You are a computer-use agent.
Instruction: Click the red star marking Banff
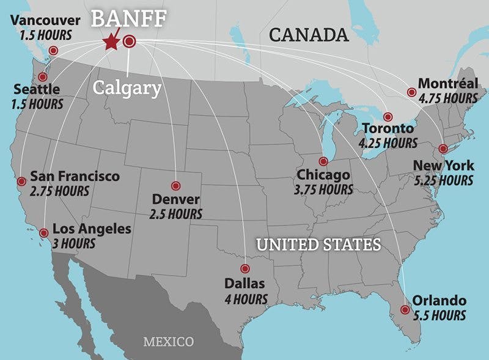point(111,42)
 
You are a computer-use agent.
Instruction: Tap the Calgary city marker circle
point(129,42)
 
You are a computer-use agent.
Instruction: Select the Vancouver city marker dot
point(53,51)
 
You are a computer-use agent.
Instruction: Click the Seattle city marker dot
point(42,77)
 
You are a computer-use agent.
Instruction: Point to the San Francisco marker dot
point(21,181)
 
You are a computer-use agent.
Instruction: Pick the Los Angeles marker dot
point(43,233)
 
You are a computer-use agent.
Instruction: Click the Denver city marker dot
point(176,186)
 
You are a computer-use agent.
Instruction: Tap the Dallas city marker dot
point(245,268)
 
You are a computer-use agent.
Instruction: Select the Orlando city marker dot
point(405,310)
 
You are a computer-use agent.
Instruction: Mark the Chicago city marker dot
point(323,161)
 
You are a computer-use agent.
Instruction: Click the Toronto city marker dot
point(386,117)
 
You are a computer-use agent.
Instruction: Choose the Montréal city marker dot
point(411,92)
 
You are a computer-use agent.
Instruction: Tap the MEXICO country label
point(168,342)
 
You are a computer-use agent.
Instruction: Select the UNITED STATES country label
point(318,245)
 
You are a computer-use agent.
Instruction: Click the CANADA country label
point(309,35)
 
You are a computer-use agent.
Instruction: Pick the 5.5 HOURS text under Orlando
point(439,315)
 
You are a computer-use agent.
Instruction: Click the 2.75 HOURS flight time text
point(59,191)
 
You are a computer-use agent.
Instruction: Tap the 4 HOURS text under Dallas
point(246,299)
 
